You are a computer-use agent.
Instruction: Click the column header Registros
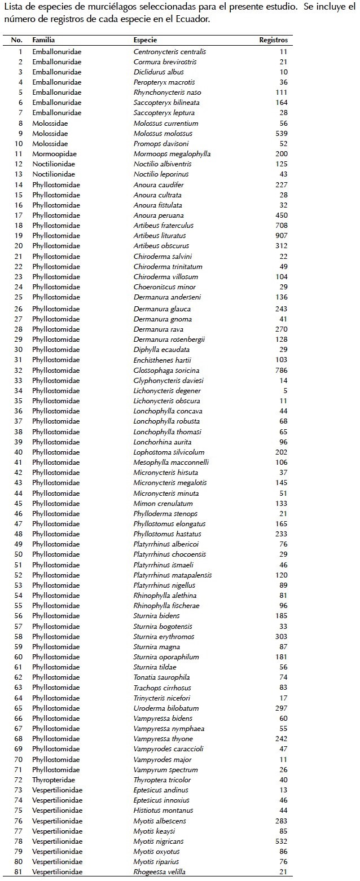pos(273,40)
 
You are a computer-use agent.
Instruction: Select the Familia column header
pos(43,40)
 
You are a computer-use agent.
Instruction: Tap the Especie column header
pos(145,40)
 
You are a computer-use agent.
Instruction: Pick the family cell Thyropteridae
pos(54,780)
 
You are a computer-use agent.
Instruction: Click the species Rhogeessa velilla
pos(160,872)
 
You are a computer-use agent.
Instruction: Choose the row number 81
pos(18,872)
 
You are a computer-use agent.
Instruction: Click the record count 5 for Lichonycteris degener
pos(285,391)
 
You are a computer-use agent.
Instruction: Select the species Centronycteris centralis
pos(169,52)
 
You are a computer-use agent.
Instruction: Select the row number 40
pos(18,452)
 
